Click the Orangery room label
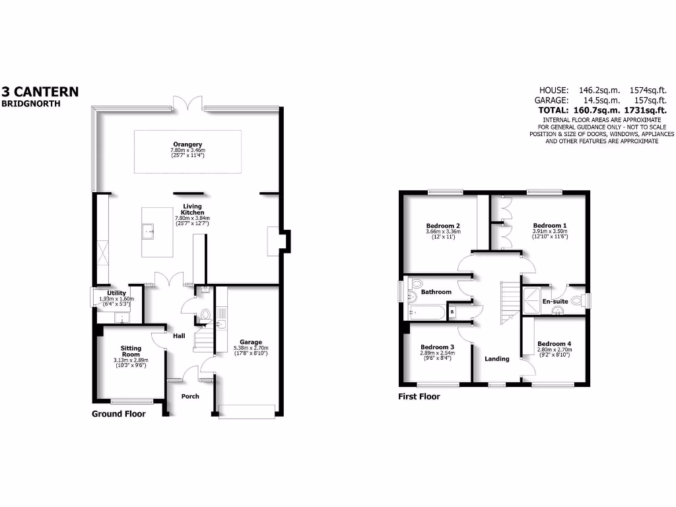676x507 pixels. tap(187, 144)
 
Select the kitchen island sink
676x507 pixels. tap(149, 231)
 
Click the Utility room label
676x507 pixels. tap(117, 292)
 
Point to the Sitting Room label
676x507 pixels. tap(131, 351)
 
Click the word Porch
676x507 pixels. tap(190, 396)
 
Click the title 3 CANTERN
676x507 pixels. tap(40, 92)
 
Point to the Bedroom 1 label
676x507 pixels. tap(550, 226)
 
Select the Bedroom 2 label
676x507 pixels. tap(443, 226)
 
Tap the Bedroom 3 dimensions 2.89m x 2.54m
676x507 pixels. tap(437, 354)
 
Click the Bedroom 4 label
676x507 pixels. tap(553, 344)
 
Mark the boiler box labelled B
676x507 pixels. tap(452, 312)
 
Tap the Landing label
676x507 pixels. tap(497, 359)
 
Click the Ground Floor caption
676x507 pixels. tap(118, 414)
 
